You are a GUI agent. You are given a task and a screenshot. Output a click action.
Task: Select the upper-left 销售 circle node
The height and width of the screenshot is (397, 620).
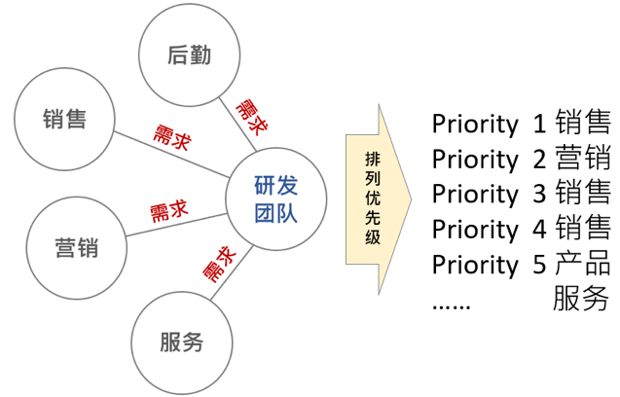pos(65,120)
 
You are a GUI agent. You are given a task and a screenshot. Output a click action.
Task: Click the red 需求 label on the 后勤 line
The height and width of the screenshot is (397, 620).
pos(250,115)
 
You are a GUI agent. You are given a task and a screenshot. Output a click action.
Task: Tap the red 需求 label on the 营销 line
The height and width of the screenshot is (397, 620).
pos(168,211)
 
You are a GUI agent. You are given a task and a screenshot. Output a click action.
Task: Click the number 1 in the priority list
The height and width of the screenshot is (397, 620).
pos(539,125)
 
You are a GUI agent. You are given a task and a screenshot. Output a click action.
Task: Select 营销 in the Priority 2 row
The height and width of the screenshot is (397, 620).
pos(582,159)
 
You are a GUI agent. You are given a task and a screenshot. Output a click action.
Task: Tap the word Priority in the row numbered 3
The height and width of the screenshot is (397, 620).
pos(475,194)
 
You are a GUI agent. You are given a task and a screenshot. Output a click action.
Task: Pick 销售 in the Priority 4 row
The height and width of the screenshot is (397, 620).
pos(582,229)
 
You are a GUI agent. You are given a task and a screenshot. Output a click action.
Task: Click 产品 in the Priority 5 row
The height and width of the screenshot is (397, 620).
pos(582,264)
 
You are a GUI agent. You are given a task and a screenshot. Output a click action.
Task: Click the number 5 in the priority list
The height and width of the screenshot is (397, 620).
pos(539,265)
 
